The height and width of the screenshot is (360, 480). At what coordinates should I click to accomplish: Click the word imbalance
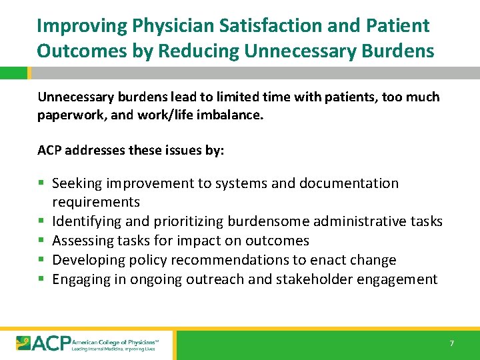point(229,115)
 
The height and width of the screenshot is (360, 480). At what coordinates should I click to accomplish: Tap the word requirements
point(96,202)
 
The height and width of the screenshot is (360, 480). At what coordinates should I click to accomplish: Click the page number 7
point(451,343)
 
